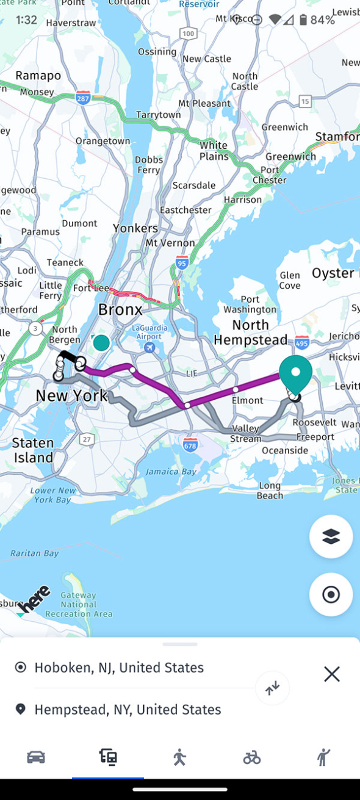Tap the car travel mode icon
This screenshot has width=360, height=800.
[x=36, y=757]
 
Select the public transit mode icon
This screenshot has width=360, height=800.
[x=108, y=757]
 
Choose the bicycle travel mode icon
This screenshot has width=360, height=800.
[x=251, y=757]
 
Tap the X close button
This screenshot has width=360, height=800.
[x=332, y=674]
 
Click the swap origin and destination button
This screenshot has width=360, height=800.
[x=272, y=688]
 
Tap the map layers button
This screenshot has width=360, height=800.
[x=331, y=536]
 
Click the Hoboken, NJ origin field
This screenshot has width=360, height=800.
[x=119, y=668]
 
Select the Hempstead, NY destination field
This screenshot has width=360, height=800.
[x=128, y=710]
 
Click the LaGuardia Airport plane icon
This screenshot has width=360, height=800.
[x=149, y=347]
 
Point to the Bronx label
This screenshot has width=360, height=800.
[x=120, y=309]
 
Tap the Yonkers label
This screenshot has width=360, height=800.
[x=135, y=228]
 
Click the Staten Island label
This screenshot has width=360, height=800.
[x=33, y=450]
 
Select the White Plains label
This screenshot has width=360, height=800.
[x=214, y=150]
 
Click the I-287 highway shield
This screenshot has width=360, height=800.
[x=84, y=98]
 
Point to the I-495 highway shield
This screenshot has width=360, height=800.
[x=301, y=344]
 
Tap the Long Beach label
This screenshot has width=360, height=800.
[x=270, y=491]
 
